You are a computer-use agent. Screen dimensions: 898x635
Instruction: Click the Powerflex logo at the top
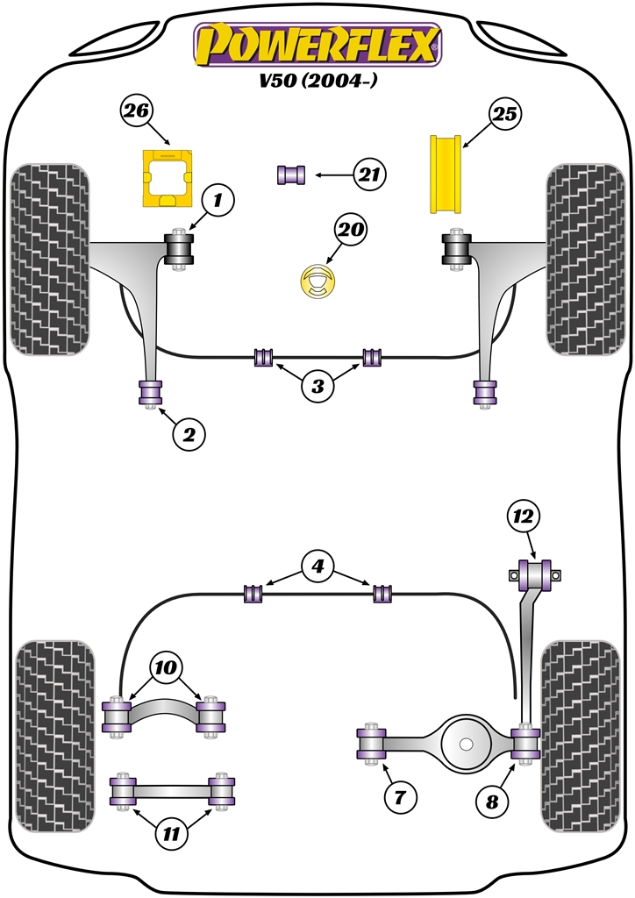(x=317, y=44)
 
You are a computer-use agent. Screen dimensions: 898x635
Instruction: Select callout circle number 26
(x=137, y=111)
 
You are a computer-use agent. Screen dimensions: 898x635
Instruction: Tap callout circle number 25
(x=504, y=114)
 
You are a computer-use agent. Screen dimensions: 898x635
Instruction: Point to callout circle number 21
(x=369, y=175)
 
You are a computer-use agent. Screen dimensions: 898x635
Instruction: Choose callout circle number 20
(x=350, y=231)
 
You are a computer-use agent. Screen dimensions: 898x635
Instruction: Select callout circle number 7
(x=399, y=797)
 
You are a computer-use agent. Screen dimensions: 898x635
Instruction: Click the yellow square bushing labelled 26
(x=167, y=179)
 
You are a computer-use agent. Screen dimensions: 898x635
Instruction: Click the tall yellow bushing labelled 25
(x=447, y=173)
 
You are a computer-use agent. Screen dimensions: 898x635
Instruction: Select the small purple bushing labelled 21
(x=292, y=175)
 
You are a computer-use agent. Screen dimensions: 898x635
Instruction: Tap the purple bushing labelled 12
(x=536, y=574)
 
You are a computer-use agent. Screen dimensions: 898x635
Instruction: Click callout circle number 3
(x=317, y=385)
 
